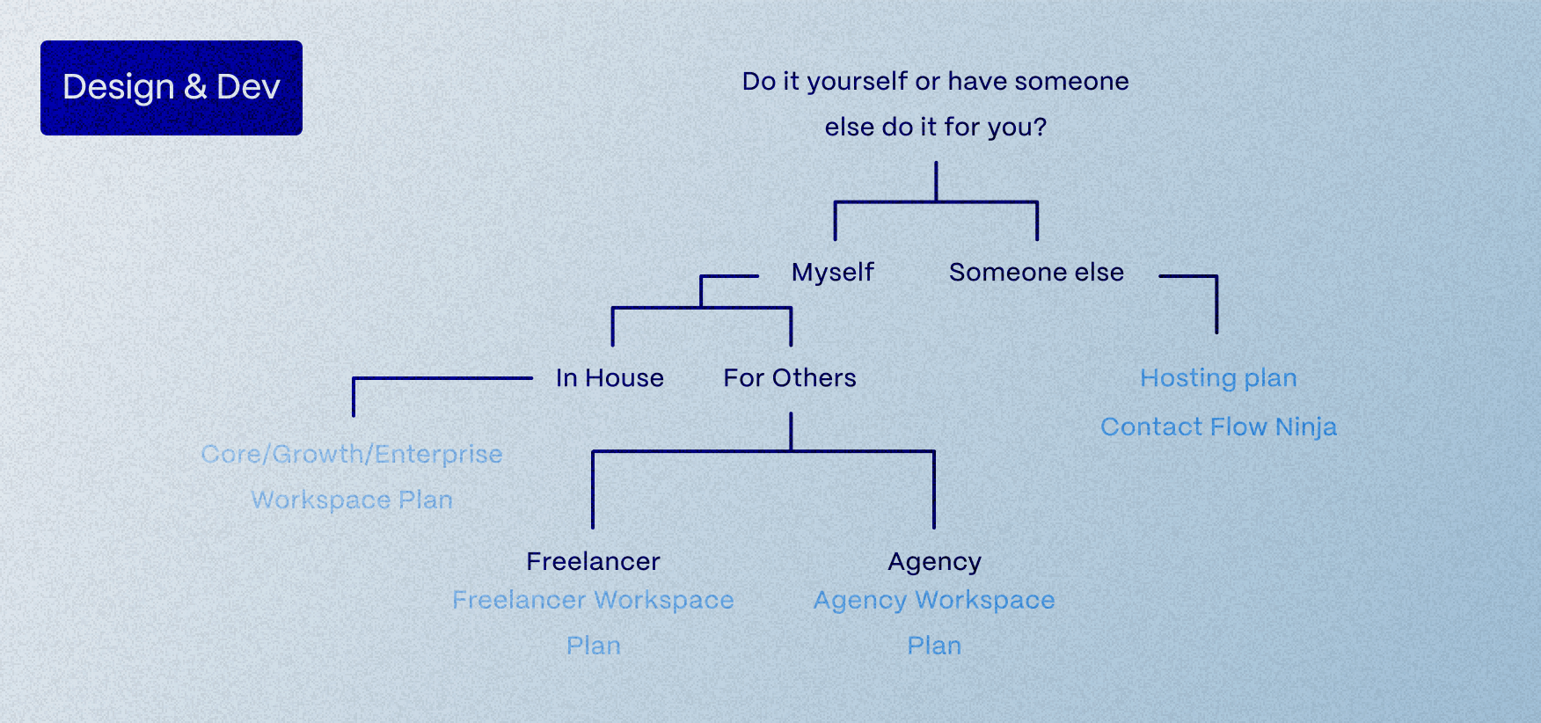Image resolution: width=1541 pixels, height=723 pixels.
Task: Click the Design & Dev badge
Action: point(172,88)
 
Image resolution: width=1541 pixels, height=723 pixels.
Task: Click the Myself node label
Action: point(832,273)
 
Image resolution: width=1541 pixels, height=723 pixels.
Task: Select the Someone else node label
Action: point(1036,273)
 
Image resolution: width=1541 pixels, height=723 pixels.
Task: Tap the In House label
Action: point(610,378)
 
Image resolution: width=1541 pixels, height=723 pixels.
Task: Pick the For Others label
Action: point(790,378)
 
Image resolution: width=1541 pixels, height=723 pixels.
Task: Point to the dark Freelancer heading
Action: point(594,561)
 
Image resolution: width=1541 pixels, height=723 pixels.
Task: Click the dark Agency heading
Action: point(934,562)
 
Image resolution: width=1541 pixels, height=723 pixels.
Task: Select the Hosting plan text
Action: point(1218,379)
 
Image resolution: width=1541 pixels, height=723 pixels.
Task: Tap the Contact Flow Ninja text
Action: point(1218,427)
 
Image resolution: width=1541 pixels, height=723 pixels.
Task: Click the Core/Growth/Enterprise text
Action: point(352,455)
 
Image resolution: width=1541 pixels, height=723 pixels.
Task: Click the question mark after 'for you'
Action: point(1041,127)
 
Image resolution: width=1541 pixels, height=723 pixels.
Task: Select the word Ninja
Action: point(1306,427)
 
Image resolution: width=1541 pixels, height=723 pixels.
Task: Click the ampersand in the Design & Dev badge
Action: point(195,87)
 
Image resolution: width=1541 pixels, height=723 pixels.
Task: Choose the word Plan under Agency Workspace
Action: point(934,646)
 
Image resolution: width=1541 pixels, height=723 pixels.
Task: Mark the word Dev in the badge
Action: point(248,87)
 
